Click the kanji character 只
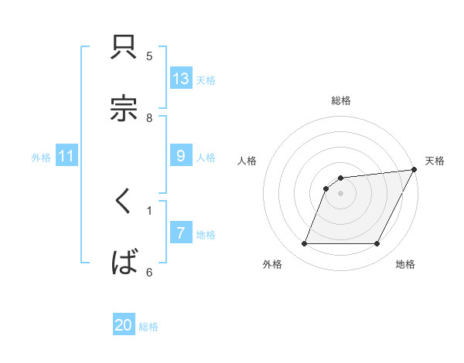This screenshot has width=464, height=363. point(125,48)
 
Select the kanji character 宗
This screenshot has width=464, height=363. point(125,108)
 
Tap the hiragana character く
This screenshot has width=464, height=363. point(124,202)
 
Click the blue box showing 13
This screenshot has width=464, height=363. point(181,78)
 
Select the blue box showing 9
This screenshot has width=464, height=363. point(181,156)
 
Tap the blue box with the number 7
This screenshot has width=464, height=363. point(181,233)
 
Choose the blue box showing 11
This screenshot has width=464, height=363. point(67,156)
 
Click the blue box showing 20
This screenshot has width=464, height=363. point(124,326)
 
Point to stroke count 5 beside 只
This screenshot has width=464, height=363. point(149,56)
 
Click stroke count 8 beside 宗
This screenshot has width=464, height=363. point(149,117)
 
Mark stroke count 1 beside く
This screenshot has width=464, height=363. point(149,209)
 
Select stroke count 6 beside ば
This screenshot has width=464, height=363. point(149,272)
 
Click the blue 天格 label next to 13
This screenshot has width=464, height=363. point(206,80)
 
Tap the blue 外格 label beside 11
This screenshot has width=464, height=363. point(41,157)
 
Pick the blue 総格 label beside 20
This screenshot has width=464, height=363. point(148,327)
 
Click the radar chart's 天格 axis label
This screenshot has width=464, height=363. point(435,161)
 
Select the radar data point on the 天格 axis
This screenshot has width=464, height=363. point(415,170)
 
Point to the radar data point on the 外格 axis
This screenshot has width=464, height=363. point(304,244)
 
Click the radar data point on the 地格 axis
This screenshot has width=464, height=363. point(377,244)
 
